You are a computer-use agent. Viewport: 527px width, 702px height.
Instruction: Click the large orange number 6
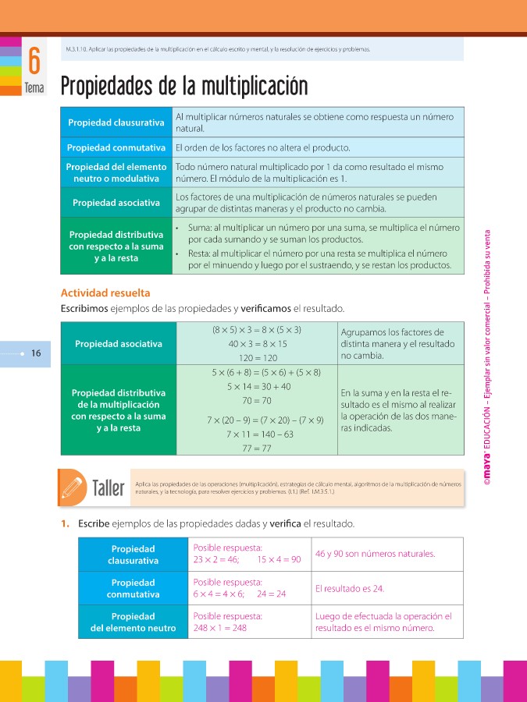coord(34,60)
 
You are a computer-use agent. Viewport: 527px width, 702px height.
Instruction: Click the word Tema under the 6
coord(34,88)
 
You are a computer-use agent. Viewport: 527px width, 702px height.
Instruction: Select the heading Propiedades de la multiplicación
coord(184,86)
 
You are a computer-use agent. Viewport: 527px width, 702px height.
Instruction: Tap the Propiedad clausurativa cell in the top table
coord(116,122)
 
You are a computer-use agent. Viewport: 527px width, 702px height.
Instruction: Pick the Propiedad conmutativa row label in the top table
coord(116,147)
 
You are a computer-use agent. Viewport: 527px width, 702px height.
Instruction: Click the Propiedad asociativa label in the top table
coord(116,203)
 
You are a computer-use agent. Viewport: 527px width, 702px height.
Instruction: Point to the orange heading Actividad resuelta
coord(105,293)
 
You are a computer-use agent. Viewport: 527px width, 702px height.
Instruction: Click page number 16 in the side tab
coord(35,353)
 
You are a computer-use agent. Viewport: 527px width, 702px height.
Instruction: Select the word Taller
coord(108,489)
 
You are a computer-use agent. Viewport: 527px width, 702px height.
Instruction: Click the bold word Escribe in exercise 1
coord(94,523)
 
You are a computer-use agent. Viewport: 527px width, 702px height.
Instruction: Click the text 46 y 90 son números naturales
coord(375,554)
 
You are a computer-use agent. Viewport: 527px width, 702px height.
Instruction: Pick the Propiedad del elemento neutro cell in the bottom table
coord(134,622)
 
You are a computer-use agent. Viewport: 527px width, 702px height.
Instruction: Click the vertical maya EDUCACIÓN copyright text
coord(486,359)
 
